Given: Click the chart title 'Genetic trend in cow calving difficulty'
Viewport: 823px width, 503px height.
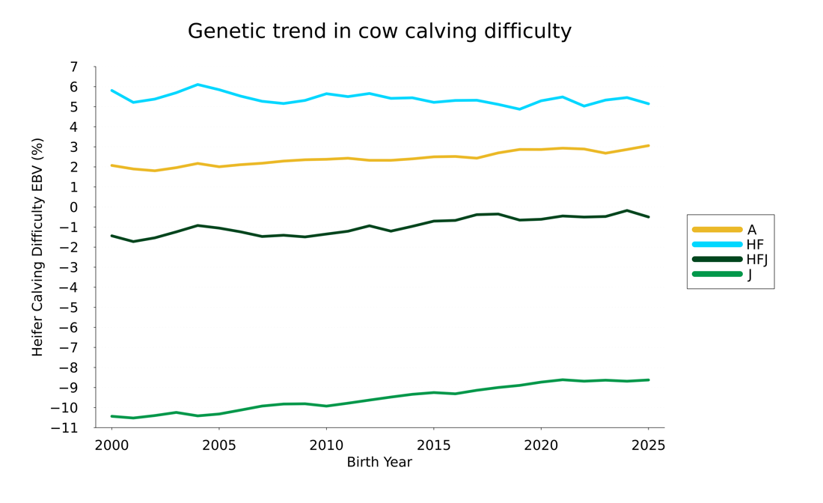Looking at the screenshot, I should pos(379,31).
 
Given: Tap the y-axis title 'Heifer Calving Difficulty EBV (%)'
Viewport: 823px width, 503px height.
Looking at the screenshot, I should pos(38,247).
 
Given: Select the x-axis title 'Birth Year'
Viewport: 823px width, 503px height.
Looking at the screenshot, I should pos(379,463).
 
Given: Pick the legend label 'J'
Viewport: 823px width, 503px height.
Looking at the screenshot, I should pos(750,275).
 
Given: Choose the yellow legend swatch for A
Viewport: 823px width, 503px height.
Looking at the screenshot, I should pos(717,230).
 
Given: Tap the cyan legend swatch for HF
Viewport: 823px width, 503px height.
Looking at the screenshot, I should pos(717,245).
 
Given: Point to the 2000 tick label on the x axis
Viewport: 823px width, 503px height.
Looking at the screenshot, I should pos(111,446).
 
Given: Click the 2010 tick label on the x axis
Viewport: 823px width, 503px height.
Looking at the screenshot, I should pos(326,446).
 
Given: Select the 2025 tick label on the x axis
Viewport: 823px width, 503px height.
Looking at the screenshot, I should pos(648,446).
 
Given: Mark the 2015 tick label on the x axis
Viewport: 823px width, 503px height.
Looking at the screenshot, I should pos(433,446).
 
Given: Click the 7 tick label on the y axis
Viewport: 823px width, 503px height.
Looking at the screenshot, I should pos(73,67).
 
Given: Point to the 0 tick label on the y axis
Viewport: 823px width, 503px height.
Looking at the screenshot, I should pos(73,207).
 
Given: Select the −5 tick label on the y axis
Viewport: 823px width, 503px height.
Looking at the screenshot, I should pos(69,308).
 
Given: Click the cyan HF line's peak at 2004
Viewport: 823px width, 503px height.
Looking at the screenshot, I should pos(198,85).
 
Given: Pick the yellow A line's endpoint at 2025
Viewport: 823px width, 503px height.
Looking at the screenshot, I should pos(648,146).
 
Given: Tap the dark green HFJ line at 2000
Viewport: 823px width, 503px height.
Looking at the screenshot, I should pos(111,236).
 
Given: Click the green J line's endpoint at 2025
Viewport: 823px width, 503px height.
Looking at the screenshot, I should pos(648,380).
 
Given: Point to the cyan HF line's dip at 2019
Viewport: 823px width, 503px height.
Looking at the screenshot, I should pos(519,109).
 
